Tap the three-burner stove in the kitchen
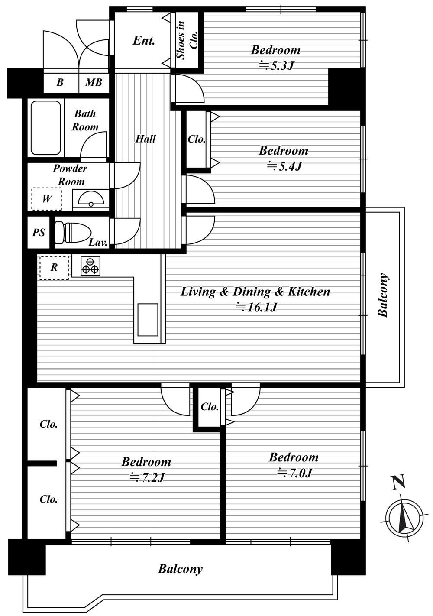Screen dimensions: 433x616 tap(90, 266)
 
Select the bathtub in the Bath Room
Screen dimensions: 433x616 tap(45, 128)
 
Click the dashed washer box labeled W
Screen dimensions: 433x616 tap(46, 199)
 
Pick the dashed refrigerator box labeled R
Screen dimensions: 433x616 tap(54, 268)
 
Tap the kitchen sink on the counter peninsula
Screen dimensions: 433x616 tap(148, 320)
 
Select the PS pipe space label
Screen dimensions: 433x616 tap(39, 233)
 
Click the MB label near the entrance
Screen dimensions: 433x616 tap(94, 82)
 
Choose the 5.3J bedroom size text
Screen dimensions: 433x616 tap(277, 66)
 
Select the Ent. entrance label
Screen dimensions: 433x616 tap(144, 41)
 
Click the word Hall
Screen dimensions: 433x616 tap(146, 139)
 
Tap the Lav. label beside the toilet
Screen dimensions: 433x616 tap(98, 243)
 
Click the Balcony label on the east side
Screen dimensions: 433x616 tap(383, 295)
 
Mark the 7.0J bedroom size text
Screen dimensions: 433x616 tap(294, 473)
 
